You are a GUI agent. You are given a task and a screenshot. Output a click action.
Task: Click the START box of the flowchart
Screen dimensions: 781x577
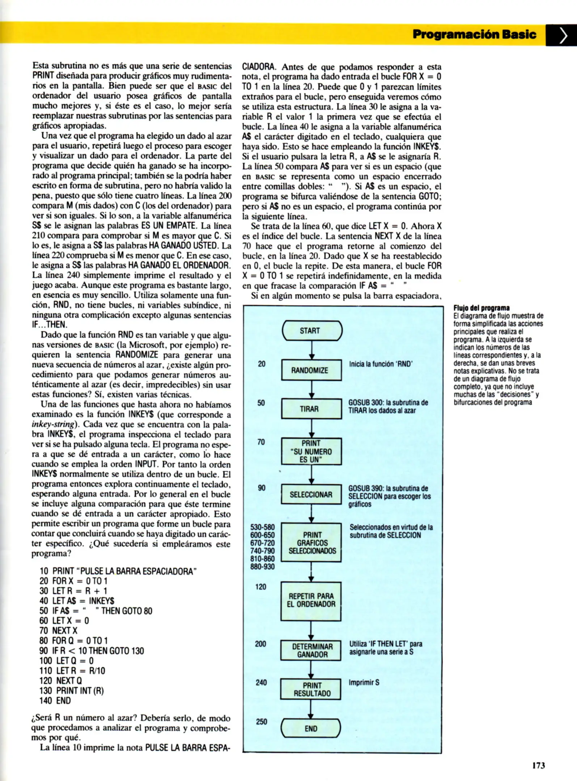[x=312, y=331]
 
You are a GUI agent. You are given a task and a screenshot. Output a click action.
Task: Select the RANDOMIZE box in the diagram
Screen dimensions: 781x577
[x=311, y=370]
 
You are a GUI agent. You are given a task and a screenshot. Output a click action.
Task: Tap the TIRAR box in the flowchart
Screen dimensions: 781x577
[x=311, y=409]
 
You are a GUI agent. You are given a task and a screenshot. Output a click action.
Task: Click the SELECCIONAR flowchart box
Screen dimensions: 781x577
[x=311, y=494]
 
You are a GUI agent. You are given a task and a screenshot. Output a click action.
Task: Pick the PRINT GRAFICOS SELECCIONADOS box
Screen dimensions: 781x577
[x=311, y=543]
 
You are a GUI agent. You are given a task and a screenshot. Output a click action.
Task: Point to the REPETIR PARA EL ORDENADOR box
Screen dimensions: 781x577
[x=311, y=600]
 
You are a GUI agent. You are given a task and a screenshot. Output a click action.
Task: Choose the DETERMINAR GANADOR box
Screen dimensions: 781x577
[x=311, y=650]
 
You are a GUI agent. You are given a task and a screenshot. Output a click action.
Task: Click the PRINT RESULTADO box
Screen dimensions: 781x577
[x=311, y=690]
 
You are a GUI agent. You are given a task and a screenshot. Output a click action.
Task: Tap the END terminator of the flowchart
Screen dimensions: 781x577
[x=311, y=729]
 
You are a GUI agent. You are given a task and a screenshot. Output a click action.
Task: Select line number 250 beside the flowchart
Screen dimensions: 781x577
[x=262, y=722]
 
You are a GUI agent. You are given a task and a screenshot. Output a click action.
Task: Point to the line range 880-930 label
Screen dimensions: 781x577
[x=263, y=567]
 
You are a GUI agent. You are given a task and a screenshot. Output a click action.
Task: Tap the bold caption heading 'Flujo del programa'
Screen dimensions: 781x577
[x=481, y=308]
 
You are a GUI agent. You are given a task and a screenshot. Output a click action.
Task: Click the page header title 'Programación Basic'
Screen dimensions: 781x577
[x=474, y=34]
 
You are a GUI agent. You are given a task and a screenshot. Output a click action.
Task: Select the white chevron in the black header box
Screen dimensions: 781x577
[x=562, y=35]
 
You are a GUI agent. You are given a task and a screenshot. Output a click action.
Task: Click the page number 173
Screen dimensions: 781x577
[x=538, y=765]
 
